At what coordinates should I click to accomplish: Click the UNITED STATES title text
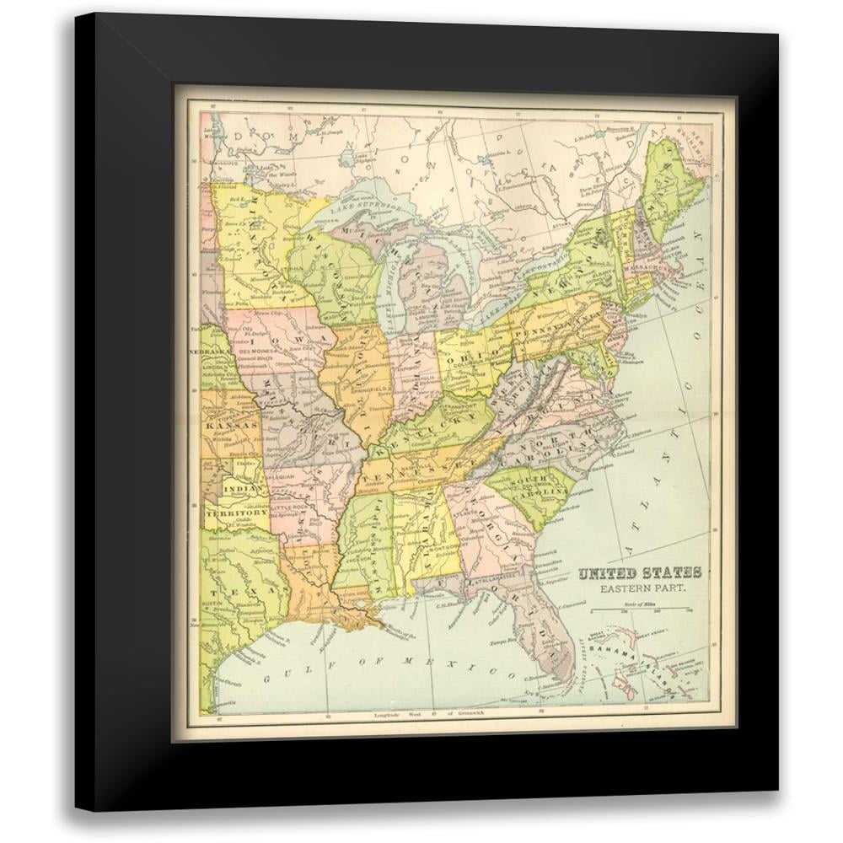(x=638, y=573)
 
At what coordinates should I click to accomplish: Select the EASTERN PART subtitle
(x=638, y=587)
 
